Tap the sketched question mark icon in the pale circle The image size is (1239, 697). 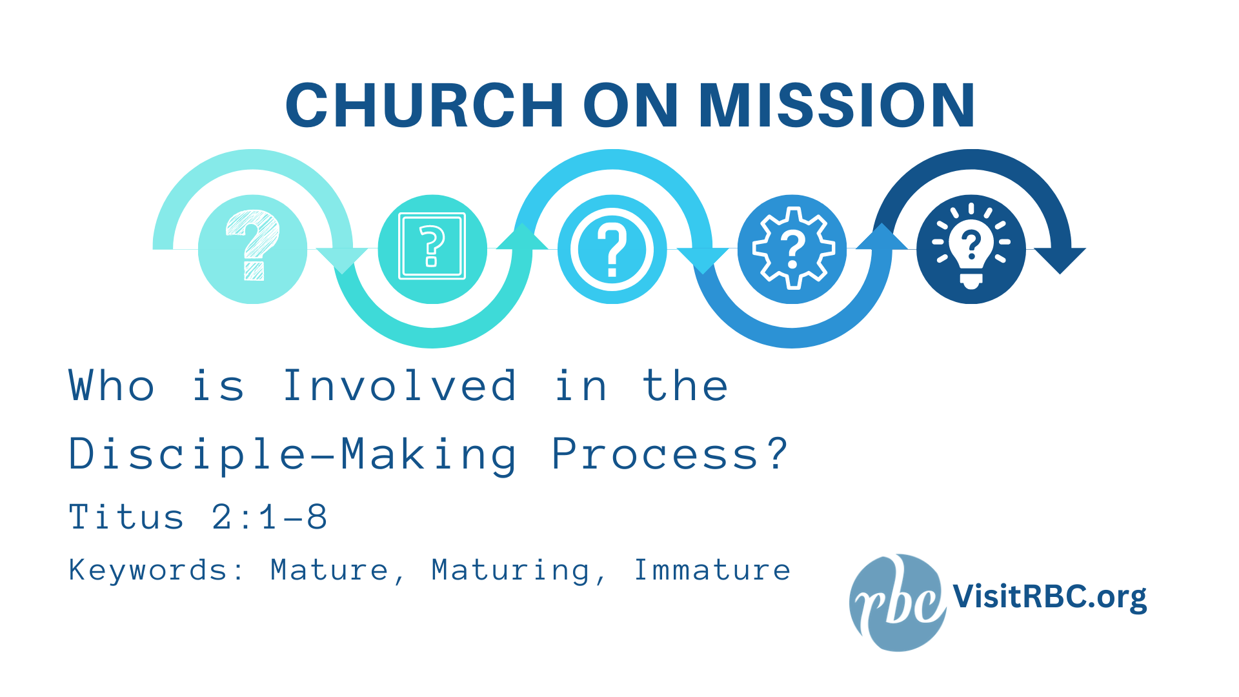[x=253, y=246]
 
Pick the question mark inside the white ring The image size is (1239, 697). [x=612, y=249]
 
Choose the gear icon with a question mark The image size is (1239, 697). [x=792, y=248]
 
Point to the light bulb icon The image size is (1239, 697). [x=971, y=248]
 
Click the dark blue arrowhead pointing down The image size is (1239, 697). [x=1060, y=259]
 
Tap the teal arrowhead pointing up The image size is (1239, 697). [x=523, y=237]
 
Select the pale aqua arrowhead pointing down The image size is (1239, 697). [x=342, y=259]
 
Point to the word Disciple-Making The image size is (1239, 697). [x=292, y=454]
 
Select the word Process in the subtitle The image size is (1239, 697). [x=656, y=454]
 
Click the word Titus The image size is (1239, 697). [x=126, y=517]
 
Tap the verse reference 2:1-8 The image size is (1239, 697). [x=270, y=517]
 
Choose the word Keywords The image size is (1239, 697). [x=148, y=570]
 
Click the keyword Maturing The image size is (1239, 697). [x=510, y=570]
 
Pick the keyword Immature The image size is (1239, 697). [x=712, y=570]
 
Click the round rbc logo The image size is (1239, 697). [x=897, y=602]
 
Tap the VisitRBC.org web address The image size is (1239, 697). [x=1049, y=596]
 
